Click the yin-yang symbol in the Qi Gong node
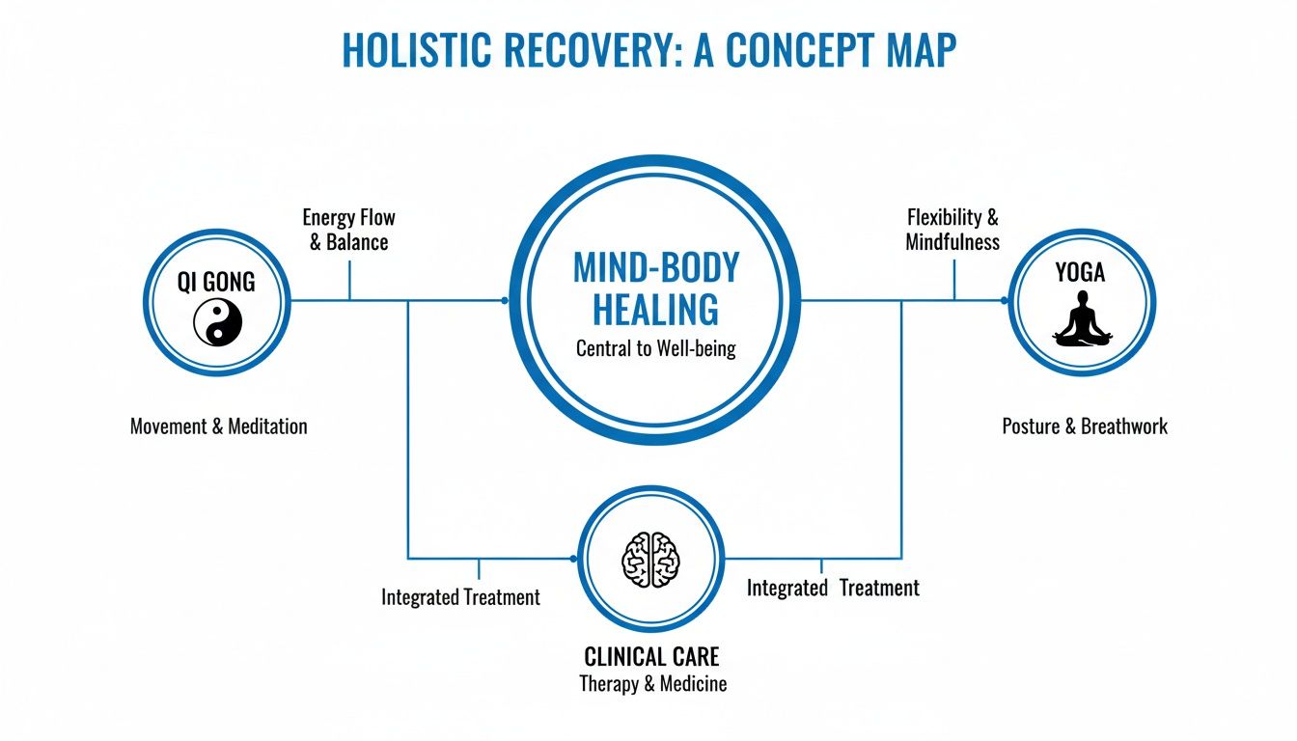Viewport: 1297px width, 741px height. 217,322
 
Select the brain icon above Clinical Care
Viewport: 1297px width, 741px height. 650,558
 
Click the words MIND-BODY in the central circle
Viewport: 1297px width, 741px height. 655,267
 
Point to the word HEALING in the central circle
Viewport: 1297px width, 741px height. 655,310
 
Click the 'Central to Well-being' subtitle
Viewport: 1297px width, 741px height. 655,348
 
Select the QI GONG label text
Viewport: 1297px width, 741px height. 216,281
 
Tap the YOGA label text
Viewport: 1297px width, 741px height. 1081,273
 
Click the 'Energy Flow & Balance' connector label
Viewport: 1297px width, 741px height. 348,230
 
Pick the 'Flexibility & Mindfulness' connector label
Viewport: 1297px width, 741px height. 952,230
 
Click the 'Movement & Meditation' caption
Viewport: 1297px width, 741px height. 218,425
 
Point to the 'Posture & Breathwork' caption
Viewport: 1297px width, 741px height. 1085,425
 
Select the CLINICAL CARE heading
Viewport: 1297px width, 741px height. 651,657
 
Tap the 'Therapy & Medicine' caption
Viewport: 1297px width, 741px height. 652,684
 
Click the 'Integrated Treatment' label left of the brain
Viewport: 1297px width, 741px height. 460,597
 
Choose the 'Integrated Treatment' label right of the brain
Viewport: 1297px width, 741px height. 833,588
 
